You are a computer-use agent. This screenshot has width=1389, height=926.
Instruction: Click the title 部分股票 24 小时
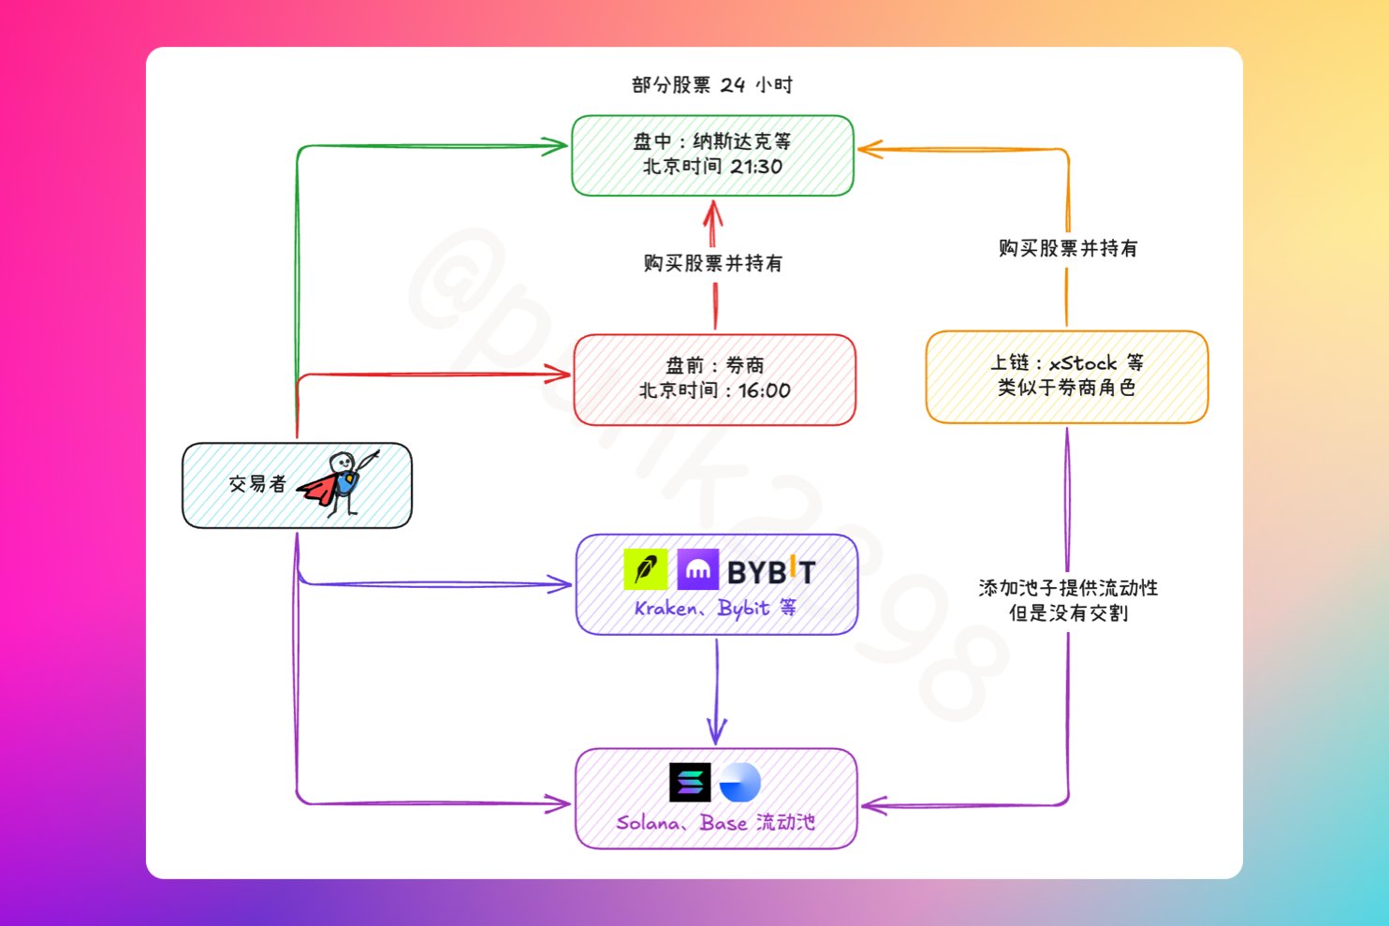[x=711, y=85]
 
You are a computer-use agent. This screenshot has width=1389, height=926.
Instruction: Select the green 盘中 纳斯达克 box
[x=712, y=155]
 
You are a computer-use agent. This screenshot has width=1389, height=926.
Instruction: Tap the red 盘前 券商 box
[x=714, y=379]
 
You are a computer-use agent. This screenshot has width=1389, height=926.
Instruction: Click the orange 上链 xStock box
[x=1066, y=376]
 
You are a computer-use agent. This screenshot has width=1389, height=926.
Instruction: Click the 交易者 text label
[x=257, y=484]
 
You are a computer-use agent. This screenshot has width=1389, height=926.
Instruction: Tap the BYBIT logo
[x=771, y=571]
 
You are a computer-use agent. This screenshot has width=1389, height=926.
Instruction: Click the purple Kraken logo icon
[x=697, y=569]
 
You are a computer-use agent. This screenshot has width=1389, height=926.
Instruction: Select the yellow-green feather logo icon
[x=645, y=569]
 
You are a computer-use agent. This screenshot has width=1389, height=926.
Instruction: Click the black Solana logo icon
[x=690, y=783]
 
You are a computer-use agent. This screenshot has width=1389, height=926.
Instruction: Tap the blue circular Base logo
[x=739, y=783]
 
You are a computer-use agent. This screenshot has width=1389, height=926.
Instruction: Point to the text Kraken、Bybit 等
[x=715, y=609]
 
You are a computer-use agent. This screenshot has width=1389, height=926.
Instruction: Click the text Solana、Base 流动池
[x=715, y=823]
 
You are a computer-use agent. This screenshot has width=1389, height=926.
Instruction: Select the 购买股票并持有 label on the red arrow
[x=713, y=263]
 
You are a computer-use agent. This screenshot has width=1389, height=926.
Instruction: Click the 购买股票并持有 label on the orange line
[x=1068, y=248]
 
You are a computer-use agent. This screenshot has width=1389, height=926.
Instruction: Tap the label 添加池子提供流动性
[x=1068, y=588]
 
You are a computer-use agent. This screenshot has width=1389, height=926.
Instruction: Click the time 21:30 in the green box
[x=756, y=167]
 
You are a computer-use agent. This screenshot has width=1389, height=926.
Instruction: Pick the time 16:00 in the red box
[x=764, y=390]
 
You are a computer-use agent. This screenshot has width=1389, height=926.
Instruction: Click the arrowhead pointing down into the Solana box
[x=717, y=731]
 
